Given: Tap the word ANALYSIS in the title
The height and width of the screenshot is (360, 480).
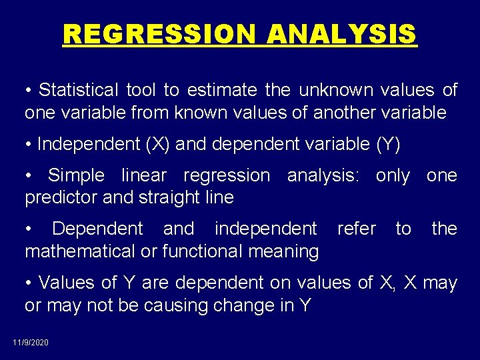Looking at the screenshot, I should point(342,33).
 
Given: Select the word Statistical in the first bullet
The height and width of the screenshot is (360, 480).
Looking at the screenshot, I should point(77,90).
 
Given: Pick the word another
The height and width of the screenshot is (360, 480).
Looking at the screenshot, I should point(346,113).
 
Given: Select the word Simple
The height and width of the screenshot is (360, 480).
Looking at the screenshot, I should point(76,175).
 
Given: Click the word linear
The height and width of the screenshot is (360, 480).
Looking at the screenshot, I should point(144,175).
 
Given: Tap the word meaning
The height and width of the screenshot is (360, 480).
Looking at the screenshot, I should point(284,251).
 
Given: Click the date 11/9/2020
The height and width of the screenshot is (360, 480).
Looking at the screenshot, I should point(30,343).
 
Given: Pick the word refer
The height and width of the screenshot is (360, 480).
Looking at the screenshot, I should point(357,229).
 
